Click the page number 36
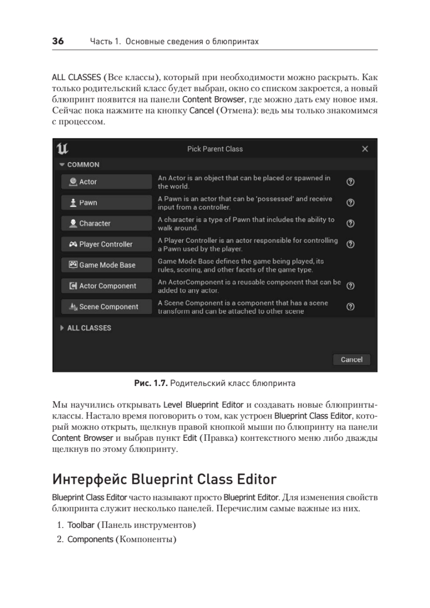pyautogui.click(x=58, y=42)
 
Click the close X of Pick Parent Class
pyautogui.click(x=365, y=149)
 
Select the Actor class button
pyautogui.click(x=106, y=182)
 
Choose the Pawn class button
pyautogui.click(x=106, y=203)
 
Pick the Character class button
pyautogui.click(x=106, y=223)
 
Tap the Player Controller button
pyautogui.click(x=106, y=244)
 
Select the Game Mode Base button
pyautogui.click(x=106, y=265)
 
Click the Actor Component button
pyautogui.click(x=106, y=286)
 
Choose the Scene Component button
pyautogui.click(x=106, y=307)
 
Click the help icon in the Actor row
pyautogui.click(x=350, y=182)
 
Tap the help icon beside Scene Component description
pyautogui.click(x=350, y=307)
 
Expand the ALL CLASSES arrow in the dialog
pyautogui.click(x=62, y=328)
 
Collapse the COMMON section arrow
pyautogui.click(x=62, y=165)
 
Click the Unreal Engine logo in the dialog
pyautogui.click(x=63, y=148)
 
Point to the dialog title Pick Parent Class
pyautogui.click(x=215, y=149)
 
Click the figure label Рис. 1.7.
pyautogui.click(x=150, y=384)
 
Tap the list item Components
pyautogui.click(x=90, y=539)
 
